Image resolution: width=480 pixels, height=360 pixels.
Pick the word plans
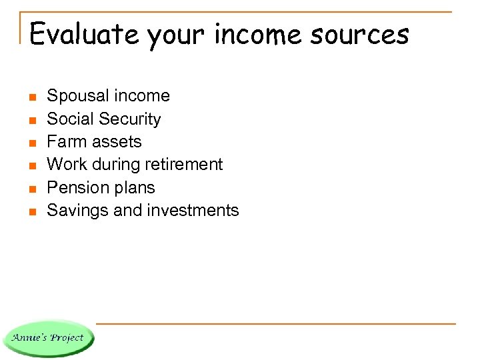[x=133, y=188]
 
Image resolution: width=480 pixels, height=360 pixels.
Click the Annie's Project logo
[x=49, y=337]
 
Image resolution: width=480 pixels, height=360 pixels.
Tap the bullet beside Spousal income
[x=31, y=97]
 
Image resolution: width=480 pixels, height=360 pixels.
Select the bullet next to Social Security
[x=31, y=120]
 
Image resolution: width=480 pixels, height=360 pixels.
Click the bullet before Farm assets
[x=31, y=143]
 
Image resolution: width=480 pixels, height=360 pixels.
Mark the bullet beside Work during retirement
[x=31, y=165]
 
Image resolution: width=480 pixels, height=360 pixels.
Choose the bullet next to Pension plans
[x=31, y=189]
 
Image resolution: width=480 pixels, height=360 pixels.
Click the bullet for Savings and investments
[x=31, y=211]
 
